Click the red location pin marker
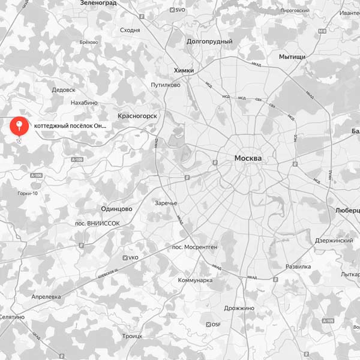20,126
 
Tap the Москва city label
248,158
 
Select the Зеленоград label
98,3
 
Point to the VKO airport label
130,258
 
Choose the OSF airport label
213,325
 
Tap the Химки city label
184,70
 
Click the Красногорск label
137,115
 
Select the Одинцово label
116,208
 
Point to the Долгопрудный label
209,42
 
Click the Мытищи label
292,56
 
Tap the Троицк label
132,337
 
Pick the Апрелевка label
46,297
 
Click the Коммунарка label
196,280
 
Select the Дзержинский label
334,241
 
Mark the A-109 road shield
76,160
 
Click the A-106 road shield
36,175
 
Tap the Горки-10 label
28,193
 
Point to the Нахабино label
84,103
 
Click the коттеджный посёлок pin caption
70,126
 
